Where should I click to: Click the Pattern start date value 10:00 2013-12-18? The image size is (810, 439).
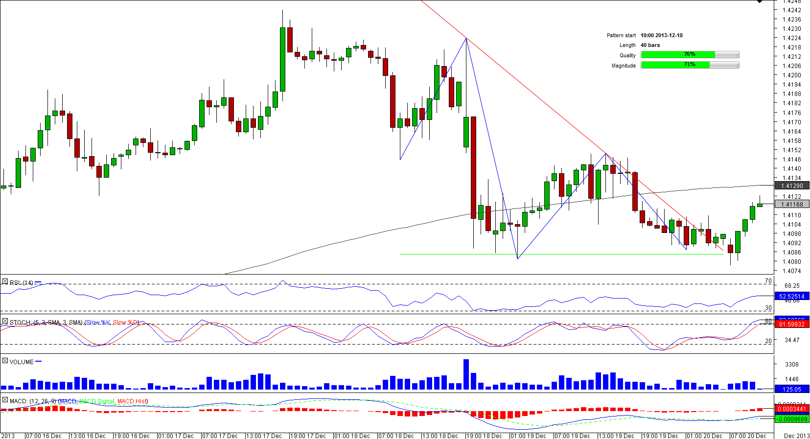pos(661,35)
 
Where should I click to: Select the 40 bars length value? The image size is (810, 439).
pos(650,45)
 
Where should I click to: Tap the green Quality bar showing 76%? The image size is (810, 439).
pos(678,55)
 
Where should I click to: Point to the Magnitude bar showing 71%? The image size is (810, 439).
pos(675,65)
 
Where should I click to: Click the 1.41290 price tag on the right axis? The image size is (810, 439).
pos(792,186)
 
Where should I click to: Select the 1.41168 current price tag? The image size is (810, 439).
pos(792,205)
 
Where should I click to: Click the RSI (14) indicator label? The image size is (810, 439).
pos(22,282)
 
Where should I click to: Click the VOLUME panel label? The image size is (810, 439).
pos(22,362)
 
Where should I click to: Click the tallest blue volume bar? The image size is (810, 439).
pos(466,374)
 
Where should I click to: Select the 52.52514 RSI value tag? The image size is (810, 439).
pos(791,296)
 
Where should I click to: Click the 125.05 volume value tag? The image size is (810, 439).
pos(791,390)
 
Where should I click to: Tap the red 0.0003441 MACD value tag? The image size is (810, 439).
pos(791,409)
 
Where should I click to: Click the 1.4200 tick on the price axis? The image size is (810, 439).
pos(791,75)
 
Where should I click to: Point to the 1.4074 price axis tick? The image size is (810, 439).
pos(791,271)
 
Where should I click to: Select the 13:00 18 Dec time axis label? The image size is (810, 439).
pos(440,436)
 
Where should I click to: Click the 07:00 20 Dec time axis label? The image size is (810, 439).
pos(748,436)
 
